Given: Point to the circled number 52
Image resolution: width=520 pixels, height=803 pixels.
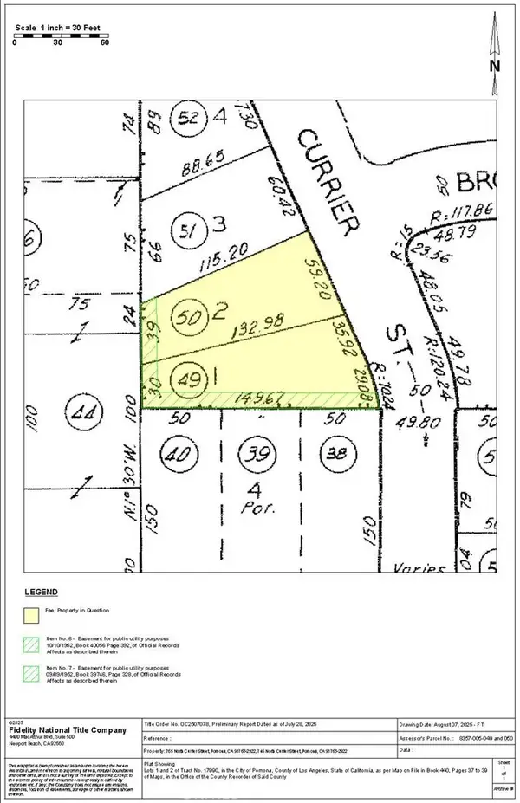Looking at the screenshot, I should (x=189, y=116).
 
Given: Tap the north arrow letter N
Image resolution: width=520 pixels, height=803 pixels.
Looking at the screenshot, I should (x=494, y=64).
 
